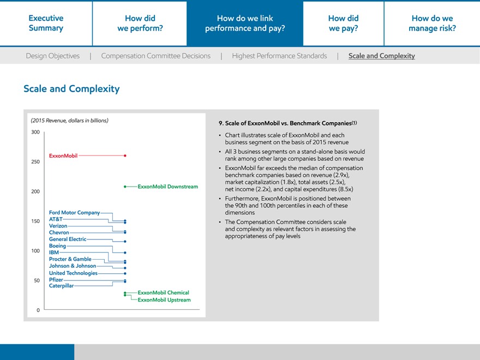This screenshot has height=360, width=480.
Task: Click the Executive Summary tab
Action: pyautogui.click(x=46, y=23)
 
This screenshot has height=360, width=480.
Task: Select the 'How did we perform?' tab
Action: pyautogui.click(x=140, y=23)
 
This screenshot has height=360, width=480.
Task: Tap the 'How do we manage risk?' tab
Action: pyautogui.click(x=432, y=23)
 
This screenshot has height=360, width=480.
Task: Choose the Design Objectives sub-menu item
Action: pyautogui.click(x=52, y=56)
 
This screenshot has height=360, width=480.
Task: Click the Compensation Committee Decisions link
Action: pyautogui.click(x=155, y=56)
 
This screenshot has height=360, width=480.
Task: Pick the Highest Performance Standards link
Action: pyautogui.click(x=279, y=56)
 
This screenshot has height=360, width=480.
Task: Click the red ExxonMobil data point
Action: pyautogui.click(x=125, y=155)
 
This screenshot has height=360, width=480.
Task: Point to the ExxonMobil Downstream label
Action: pyautogui.click(x=167, y=187)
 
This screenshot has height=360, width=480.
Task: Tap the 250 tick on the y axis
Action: pyautogui.click(x=36, y=162)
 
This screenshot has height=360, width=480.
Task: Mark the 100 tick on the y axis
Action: pyautogui.click(x=36, y=251)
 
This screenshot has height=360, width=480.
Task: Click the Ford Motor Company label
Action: pyautogui.click(x=74, y=213)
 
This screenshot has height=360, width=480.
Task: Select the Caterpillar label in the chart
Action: pyautogui.click(x=61, y=286)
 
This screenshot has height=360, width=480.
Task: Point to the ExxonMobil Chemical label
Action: pyautogui.click(x=163, y=293)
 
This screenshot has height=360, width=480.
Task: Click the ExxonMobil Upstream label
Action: pyautogui.click(x=164, y=300)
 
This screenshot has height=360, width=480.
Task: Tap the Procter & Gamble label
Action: pyautogui.click(x=70, y=259)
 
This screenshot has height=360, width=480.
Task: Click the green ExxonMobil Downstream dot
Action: pyautogui.click(x=125, y=187)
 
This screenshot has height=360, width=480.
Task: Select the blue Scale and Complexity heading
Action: pyautogui.click(x=71, y=88)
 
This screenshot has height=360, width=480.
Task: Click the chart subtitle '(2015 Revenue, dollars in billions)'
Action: pyautogui.click(x=69, y=121)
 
